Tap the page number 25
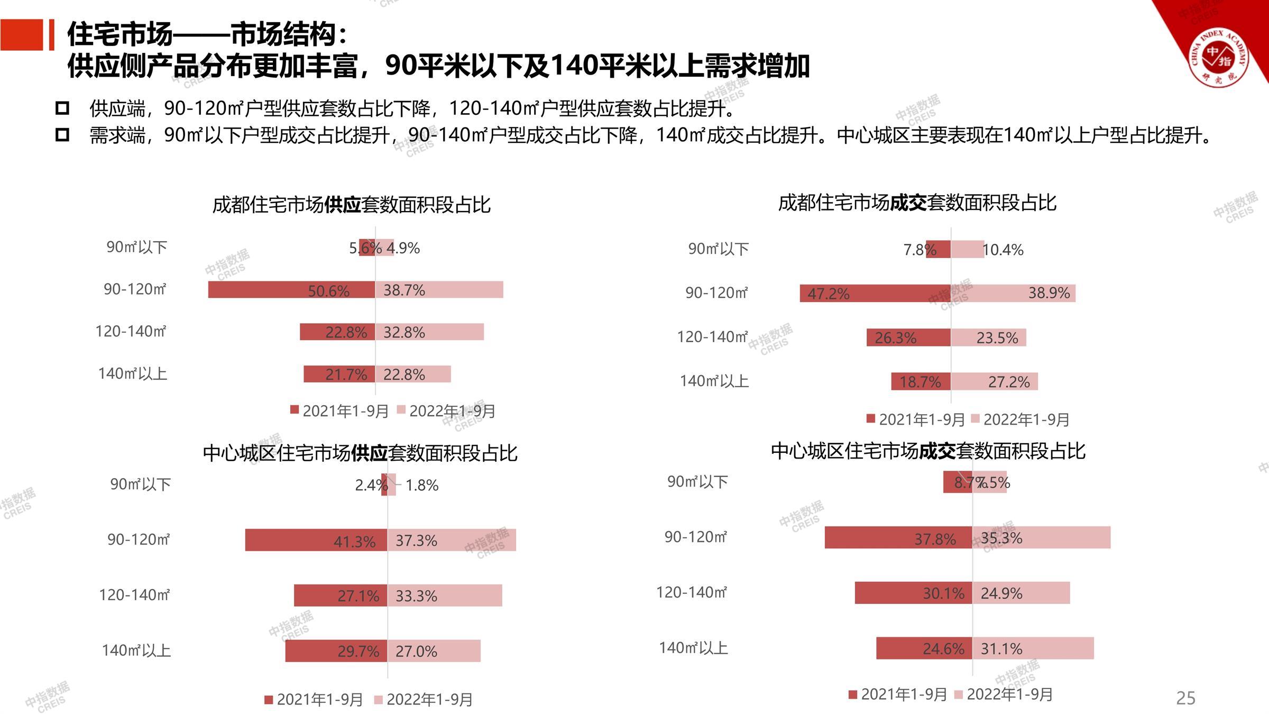pos(1185,698)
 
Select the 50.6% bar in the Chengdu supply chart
pos(291,290)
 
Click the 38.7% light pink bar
pos(439,290)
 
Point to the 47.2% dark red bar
pos(875,293)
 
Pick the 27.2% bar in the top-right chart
pos(995,381)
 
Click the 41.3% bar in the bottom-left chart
pos(316,540)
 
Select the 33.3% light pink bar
pos(445,596)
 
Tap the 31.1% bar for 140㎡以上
pos(1033,648)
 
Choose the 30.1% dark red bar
pos(914,593)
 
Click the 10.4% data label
pos(1003,250)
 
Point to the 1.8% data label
pos(422,486)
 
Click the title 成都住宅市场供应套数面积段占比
pos(352,205)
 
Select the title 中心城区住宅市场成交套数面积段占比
pos(928,451)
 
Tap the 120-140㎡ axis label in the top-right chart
pos(712,337)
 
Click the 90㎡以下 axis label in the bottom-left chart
pos(140,484)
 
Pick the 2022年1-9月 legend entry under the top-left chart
pos(446,411)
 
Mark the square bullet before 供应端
pos(62,108)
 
